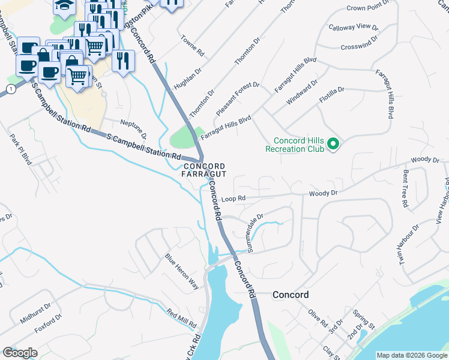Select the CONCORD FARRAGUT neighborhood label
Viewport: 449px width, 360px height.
[204, 170]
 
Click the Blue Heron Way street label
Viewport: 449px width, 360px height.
[182, 271]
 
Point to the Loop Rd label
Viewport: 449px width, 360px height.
[234, 198]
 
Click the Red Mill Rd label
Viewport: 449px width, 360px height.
[182, 319]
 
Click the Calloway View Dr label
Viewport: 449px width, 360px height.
[353, 28]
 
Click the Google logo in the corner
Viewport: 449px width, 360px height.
[20, 353]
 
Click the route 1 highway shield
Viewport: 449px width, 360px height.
[10, 89]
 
